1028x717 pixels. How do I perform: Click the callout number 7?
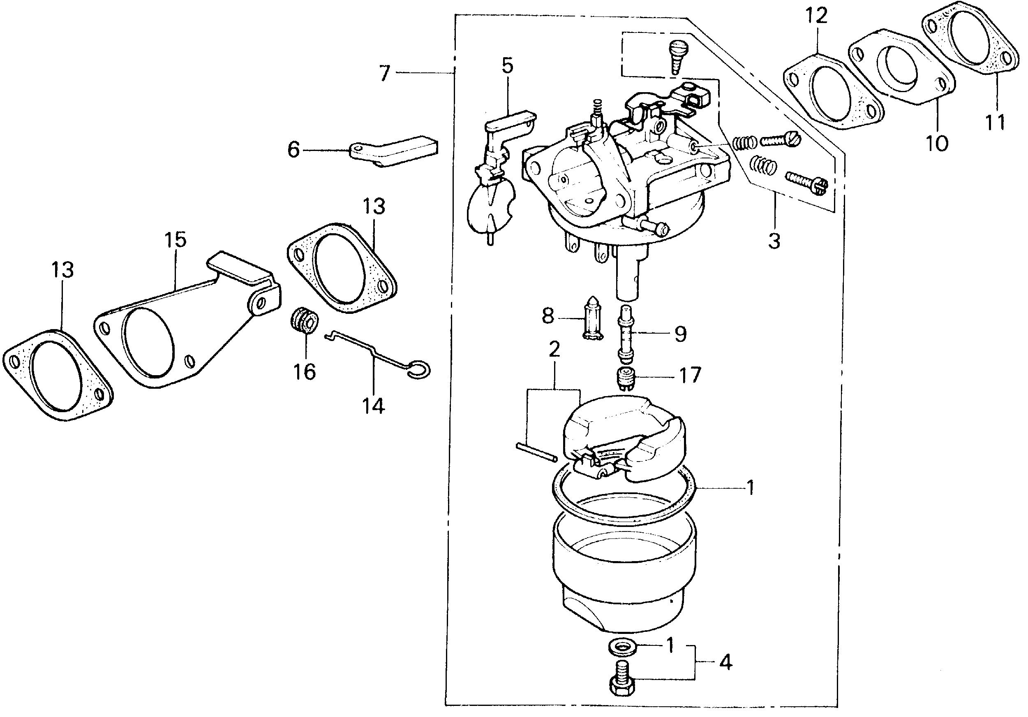pos(385,73)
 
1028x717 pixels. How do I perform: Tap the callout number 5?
pos(507,65)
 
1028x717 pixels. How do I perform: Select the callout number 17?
pos(690,376)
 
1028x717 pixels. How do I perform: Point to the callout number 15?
pos(175,240)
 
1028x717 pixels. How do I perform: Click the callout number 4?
pos(726,662)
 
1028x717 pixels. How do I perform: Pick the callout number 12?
pos(817,16)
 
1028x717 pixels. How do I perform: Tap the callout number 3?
pos(774,241)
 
